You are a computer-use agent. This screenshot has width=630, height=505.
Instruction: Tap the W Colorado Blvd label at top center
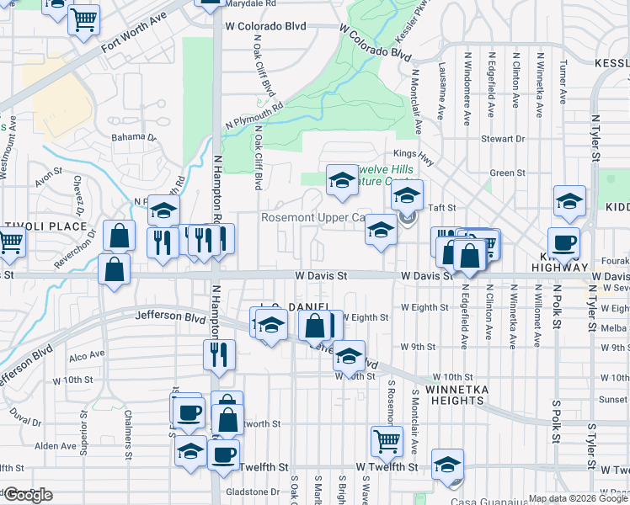(264, 26)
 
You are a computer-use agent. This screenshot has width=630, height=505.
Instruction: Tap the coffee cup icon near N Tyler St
(563, 242)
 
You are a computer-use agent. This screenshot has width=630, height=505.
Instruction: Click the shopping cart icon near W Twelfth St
(387, 439)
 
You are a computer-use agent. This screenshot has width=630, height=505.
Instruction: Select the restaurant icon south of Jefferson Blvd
(218, 353)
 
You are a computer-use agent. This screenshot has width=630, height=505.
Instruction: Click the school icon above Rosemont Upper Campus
(341, 180)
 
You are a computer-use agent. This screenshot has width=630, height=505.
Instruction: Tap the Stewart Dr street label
(503, 138)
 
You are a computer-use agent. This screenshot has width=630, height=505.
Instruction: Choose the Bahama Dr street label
(134, 137)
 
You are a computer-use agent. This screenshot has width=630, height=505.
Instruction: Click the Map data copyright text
(577, 498)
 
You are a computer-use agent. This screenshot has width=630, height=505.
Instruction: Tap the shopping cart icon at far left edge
(10, 242)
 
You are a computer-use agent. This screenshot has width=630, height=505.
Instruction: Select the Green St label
(507, 173)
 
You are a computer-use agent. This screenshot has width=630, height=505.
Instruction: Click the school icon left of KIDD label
(569, 202)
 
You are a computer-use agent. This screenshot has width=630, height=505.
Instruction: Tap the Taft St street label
(444, 207)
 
